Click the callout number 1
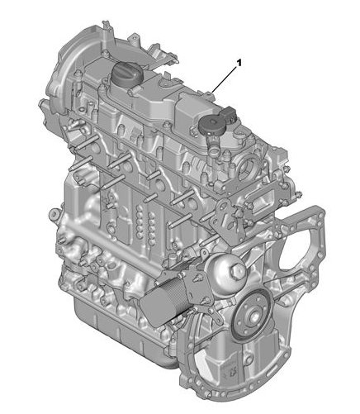[239, 63]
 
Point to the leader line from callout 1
[224, 80]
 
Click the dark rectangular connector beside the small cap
[228, 113]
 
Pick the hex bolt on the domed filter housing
[238, 271]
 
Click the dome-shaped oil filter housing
[225, 270]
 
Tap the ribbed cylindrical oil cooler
[159, 300]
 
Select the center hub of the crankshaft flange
[253, 315]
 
